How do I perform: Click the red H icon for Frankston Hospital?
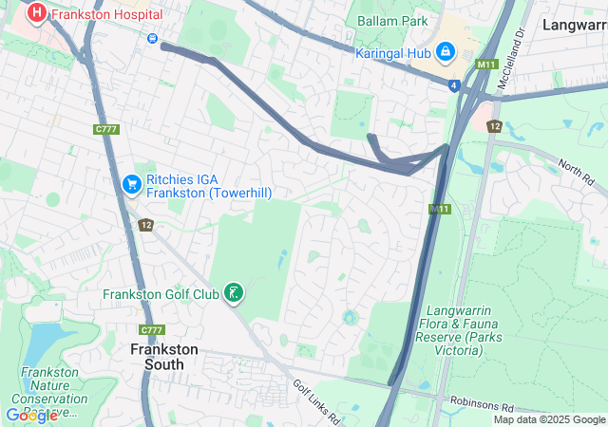[x=37, y=13]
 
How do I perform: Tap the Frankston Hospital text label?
[x=105, y=14]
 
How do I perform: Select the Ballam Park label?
[x=392, y=21]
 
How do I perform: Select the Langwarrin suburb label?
[x=574, y=25]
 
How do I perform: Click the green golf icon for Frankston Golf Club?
[x=234, y=294]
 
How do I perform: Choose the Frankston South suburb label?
[x=163, y=356]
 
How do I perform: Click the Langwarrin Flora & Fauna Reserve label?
[x=468, y=331]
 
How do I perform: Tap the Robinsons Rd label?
[x=482, y=403]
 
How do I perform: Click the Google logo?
[x=30, y=415]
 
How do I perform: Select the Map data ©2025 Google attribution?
[x=549, y=419]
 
